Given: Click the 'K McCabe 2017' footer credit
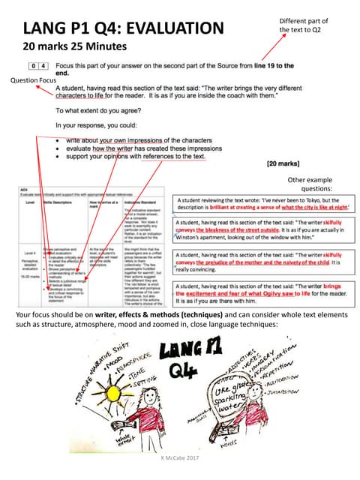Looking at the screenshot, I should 180,456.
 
